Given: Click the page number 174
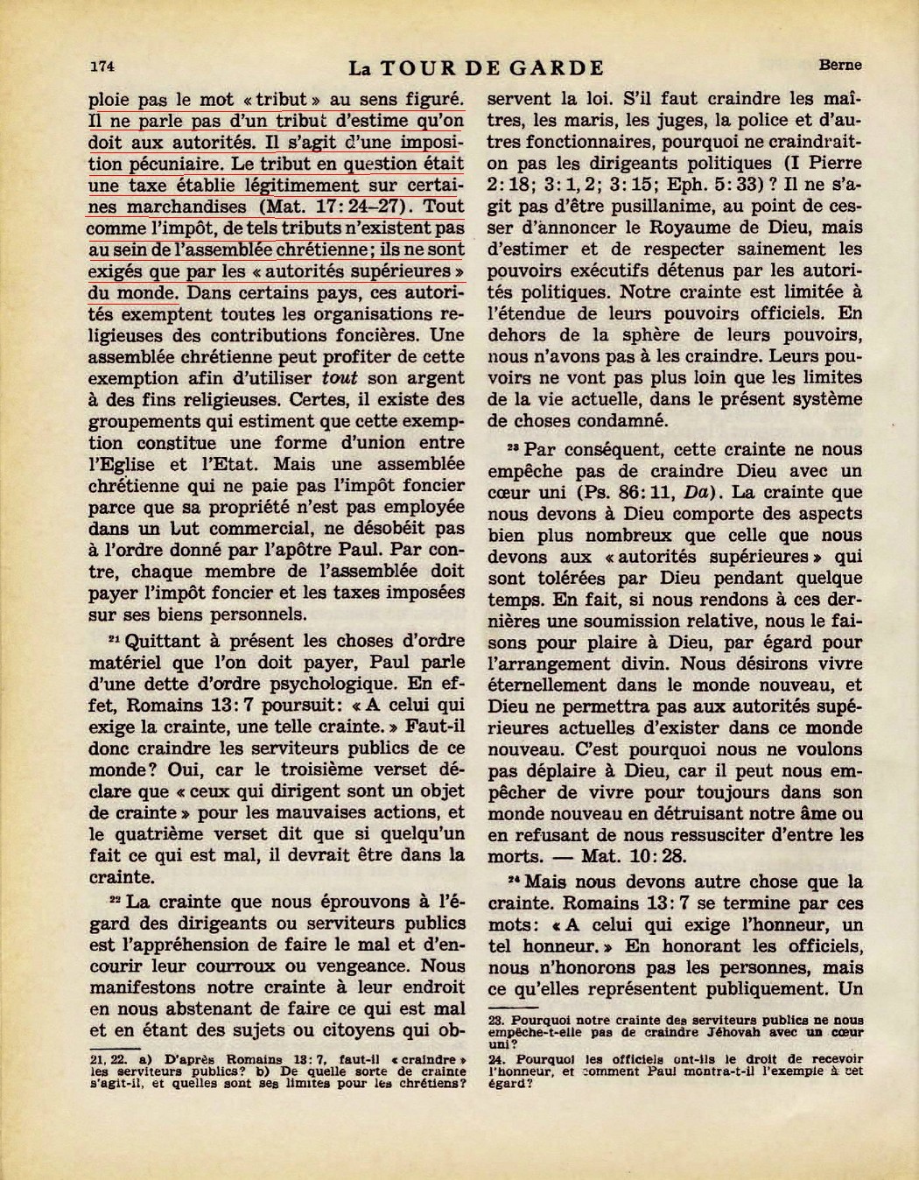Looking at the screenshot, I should tap(103, 66).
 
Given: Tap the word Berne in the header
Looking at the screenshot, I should tap(839, 65).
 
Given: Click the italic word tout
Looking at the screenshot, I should tap(340, 378).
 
